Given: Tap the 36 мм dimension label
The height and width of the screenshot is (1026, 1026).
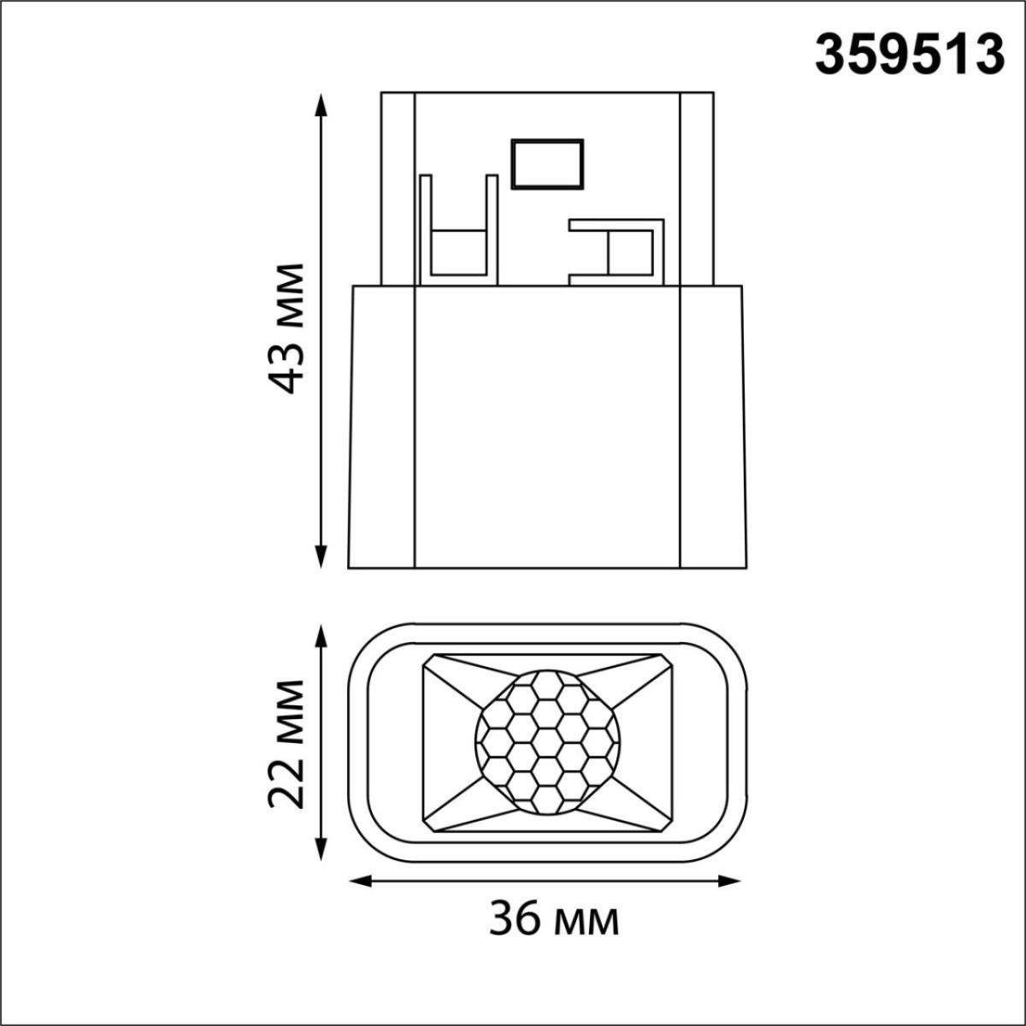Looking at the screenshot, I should pos(554,920).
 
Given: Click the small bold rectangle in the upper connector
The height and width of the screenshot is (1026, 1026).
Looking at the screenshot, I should pos(547,163).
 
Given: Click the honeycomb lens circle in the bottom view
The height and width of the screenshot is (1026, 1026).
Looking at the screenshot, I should pos(547,740).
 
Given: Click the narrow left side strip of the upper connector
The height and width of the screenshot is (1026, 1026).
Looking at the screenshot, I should pos(398,188).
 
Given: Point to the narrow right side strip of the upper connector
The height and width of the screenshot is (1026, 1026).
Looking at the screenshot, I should pos(696,188).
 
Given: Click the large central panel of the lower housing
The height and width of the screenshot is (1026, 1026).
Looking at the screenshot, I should pos(547,427).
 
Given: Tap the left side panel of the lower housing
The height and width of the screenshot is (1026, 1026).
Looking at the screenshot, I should pos(382,427).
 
